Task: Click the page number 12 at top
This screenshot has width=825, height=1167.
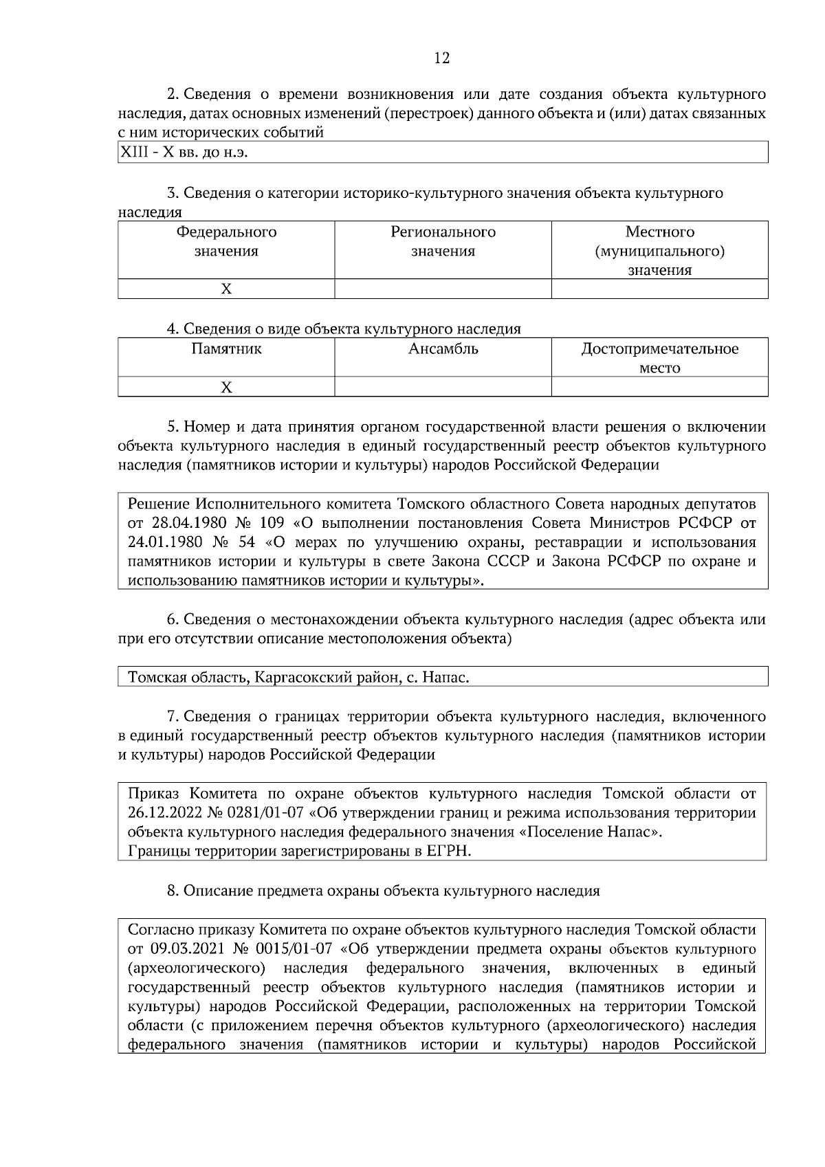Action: (x=442, y=58)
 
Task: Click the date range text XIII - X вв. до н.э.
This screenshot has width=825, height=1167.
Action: (x=184, y=153)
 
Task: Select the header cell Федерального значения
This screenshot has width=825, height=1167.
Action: (x=226, y=241)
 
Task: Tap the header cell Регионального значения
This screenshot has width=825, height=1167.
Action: (x=443, y=241)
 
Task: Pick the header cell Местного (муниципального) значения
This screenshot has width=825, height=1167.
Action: (x=659, y=250)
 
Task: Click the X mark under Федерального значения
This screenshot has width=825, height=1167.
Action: (x=226, y=289)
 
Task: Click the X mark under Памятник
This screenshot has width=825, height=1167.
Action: (x=226, y=388)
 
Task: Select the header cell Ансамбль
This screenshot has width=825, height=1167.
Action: (x=443, y=349)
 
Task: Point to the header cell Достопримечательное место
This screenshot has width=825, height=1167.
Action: (x=659, y=358)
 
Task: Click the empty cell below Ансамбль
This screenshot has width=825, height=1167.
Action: (x=443, y=387)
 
